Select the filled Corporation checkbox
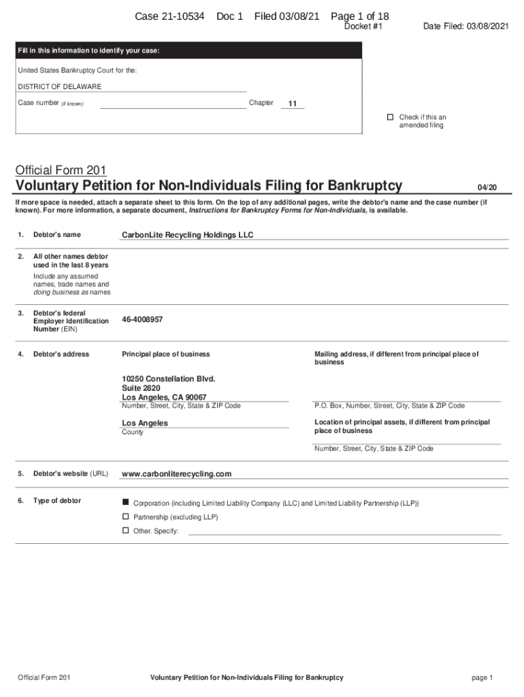point(125,502)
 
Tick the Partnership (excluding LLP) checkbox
point(125,517)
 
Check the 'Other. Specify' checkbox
point(125,530)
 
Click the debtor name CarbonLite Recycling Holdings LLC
point(187,235)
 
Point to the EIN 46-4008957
point(142,319)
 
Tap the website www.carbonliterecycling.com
point(176,474)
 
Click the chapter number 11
point(293,103)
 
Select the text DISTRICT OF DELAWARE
point(59,87)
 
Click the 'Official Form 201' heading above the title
point(60,169)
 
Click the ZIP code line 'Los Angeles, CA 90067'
point(164,397)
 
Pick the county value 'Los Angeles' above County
point(144,423)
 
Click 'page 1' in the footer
point(481,677)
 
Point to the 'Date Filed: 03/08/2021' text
point(465,27)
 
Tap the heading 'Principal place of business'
point(165,354)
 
